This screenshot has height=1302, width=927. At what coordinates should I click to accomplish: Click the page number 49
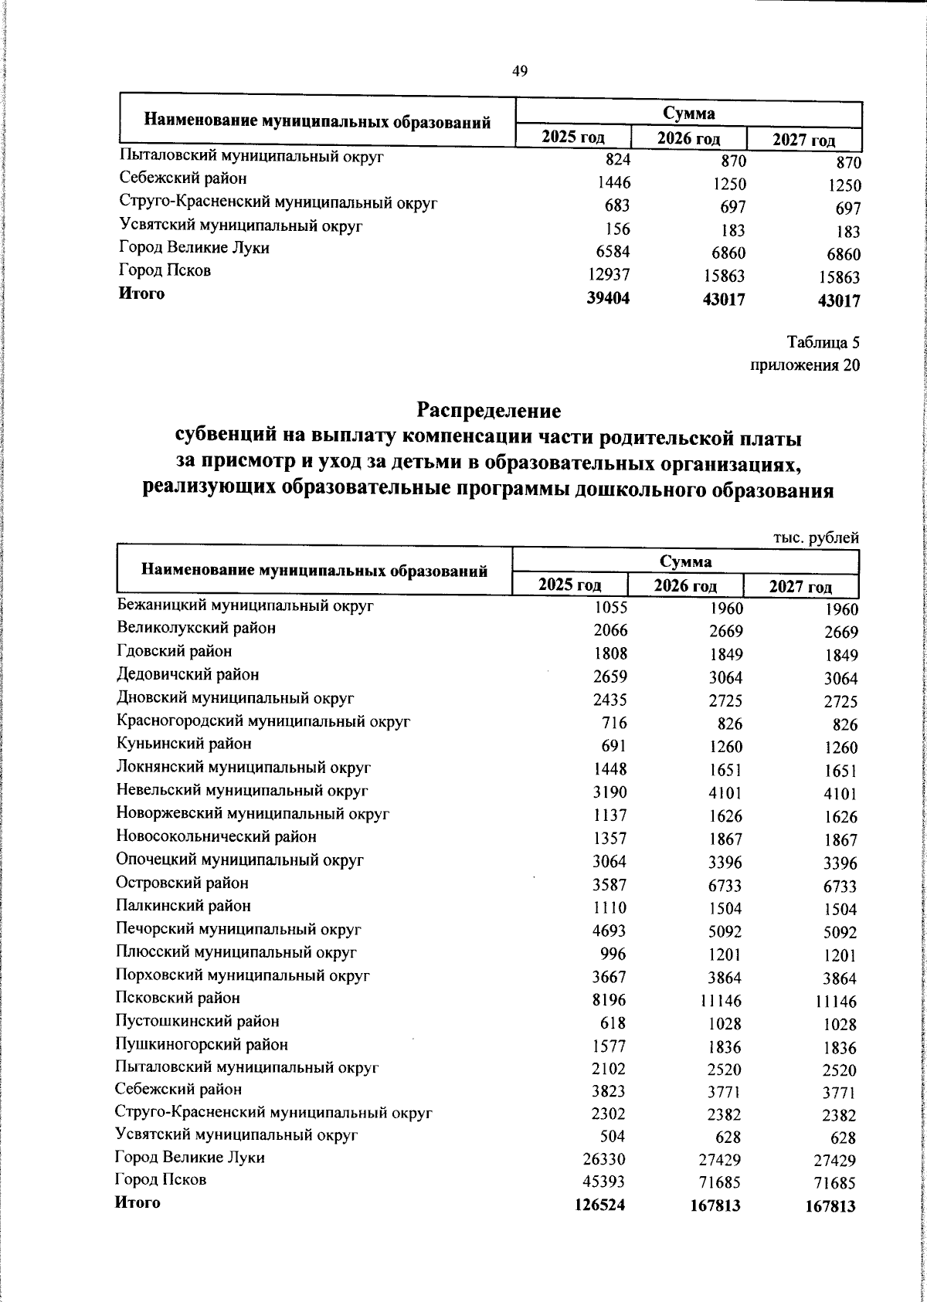click(520, 72)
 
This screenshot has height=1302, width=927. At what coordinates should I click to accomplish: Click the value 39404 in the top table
click(608, 298)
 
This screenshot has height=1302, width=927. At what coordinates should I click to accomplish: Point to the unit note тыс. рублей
click(816, 538)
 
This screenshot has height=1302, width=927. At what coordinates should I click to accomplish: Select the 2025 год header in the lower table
click(570, 585)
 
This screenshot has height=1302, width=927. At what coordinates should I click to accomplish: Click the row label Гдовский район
click(174, 651)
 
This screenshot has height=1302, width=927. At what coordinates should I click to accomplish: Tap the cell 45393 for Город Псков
click(603, 1182)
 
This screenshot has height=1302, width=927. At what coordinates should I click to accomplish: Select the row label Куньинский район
click(184, 744)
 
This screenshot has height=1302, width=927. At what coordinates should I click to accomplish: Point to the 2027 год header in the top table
click(803, 140)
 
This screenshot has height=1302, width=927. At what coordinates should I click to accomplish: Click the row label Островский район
click(182, 883)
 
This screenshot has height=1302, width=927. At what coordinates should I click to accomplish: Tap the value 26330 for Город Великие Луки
click(603, 1159)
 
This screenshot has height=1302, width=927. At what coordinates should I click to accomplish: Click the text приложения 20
click(805, 365)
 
